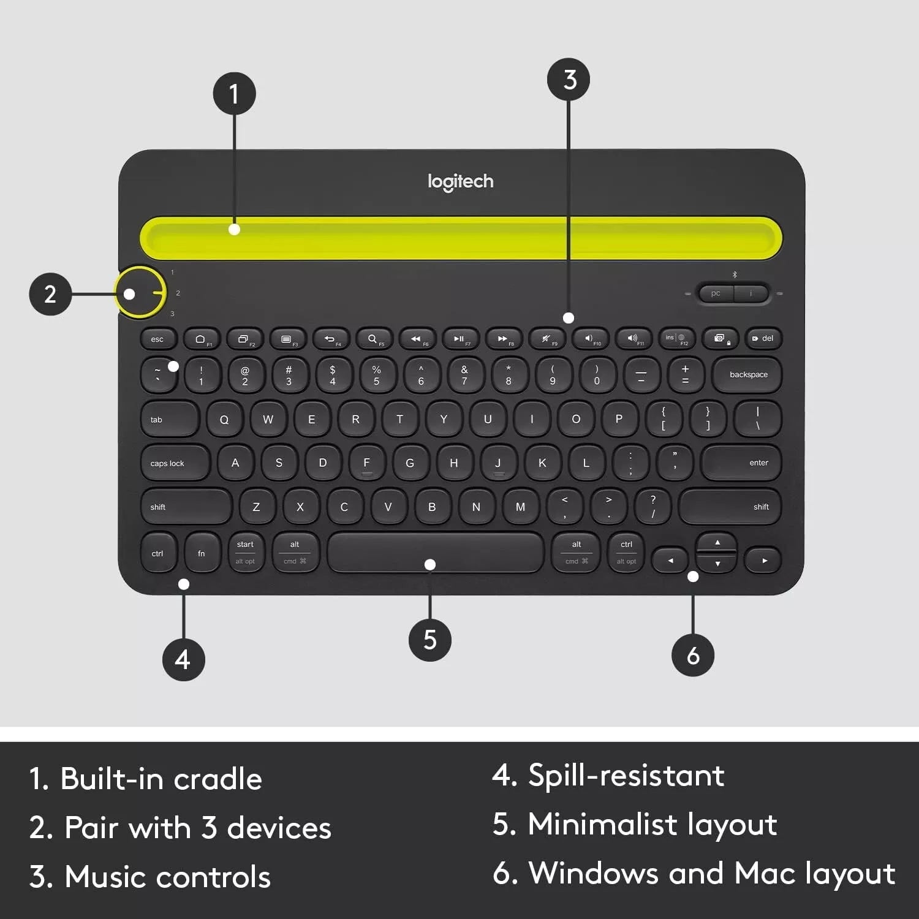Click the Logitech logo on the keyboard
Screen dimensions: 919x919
tap(460, 181)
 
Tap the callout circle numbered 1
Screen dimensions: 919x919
tap(234, 94)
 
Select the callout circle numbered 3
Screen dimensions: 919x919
tap(569, 80)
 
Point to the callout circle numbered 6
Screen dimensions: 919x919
tap(693, 655)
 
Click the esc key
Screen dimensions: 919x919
tap(158, 339)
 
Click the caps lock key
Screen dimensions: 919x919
tap(175, 463)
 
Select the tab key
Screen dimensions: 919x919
tap(169, 420)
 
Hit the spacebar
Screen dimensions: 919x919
tap(435, 551)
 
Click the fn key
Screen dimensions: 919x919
tap(202, 553)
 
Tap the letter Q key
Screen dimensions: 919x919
tap(224, 420)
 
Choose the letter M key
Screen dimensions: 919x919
tap(520, 507)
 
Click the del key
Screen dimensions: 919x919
tap(763, 338)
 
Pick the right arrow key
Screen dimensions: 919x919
tap(763, 561)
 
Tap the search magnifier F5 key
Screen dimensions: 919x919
tap(374, 339)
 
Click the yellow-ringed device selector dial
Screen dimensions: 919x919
tap(141, 293)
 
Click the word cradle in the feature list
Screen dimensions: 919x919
tap(217, 779)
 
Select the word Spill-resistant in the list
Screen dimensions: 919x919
tap(626, 775)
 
